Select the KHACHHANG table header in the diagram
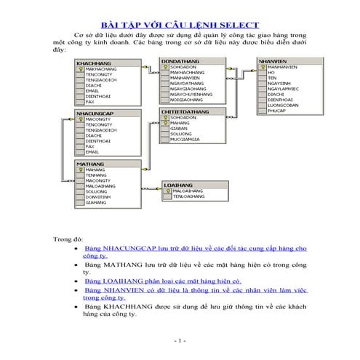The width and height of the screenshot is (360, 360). pos(93,64)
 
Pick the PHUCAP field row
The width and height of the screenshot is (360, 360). pos(275,111)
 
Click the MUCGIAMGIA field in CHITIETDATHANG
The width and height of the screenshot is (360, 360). pos(186,139)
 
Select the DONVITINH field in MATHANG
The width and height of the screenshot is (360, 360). pos(98,197)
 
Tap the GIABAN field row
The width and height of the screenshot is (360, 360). pos(178,128)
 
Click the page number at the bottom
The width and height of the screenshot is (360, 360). pos(180,340)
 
